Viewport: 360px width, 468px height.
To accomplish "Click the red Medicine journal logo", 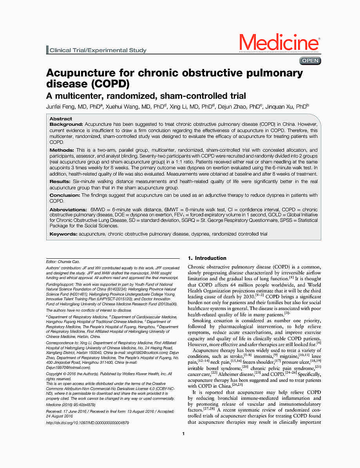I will click(x=279, y=42).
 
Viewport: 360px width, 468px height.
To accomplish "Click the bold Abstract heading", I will click(x=61, y=119).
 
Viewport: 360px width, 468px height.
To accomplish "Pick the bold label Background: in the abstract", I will click(x=66, y=124).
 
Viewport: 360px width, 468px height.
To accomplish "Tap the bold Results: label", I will click(x=60, y=182).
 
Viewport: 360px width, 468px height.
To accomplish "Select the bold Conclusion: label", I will click(x=64, y=195).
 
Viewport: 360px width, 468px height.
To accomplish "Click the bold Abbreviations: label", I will click(x=68, y=210).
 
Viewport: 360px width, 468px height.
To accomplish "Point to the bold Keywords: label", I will click(x=63, y=234).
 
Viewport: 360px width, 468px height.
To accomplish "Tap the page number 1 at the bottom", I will click(x=183, y=434).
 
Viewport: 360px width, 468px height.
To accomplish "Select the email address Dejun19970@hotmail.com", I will click(x=68, y=367).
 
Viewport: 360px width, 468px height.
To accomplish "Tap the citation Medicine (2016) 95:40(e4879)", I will click(x=71, y=404).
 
